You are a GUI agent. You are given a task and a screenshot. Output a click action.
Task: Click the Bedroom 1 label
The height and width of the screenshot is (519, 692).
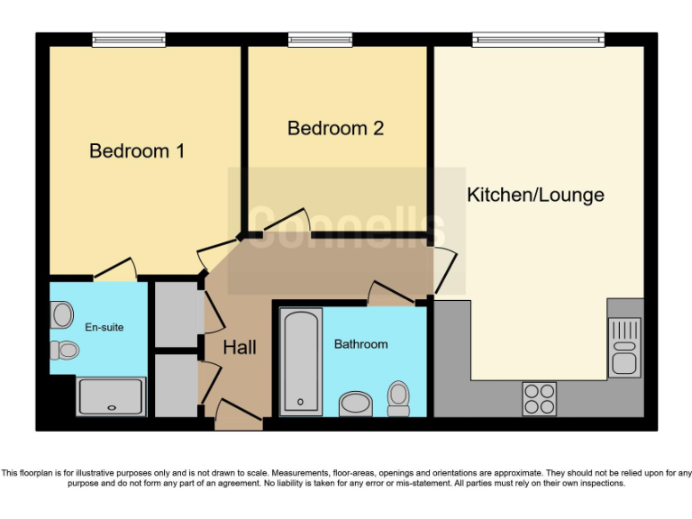coord(137,151)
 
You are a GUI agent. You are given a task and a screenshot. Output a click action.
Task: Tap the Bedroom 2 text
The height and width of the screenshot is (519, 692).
coord(335,129)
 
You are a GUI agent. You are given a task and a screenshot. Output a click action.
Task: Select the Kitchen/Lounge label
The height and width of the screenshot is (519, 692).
coord(535,196)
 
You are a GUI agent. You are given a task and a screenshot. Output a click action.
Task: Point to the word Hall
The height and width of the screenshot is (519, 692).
coord(240,348)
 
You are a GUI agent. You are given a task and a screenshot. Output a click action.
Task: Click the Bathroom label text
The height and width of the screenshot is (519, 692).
coord(360,344)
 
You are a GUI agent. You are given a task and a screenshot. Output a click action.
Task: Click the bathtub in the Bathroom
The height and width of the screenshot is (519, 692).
coord(301,360)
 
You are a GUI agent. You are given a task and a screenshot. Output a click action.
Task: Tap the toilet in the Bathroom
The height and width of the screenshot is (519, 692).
coord(398,397)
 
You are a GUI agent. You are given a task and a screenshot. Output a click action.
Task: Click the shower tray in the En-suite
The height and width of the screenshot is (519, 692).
coord(111,396)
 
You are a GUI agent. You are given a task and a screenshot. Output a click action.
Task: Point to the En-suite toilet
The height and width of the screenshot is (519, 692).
coord(64,350)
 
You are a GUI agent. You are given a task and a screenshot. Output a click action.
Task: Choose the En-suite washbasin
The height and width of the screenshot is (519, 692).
coord(62,314)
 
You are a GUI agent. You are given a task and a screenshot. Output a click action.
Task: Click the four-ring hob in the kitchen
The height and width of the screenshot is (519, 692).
coord(540,398)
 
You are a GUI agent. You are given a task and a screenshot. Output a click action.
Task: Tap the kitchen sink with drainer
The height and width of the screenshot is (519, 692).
coord(625,347)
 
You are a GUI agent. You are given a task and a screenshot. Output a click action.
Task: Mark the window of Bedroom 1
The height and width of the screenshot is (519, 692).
coord(129,40)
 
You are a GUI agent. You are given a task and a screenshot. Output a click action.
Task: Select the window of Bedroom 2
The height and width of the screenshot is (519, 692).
coord(320,40)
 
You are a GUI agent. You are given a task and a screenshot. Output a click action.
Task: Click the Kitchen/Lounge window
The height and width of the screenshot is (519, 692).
coord(539,40)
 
